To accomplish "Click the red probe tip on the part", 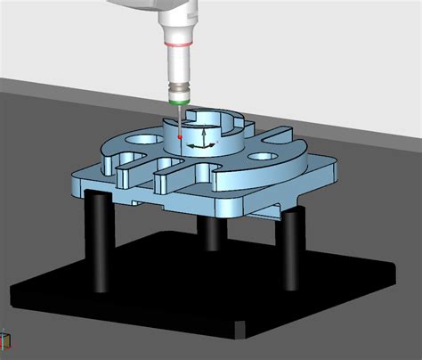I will pyautogui.click(x=181, y=138).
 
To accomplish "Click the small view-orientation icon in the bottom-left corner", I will pyautogui.click(x=4, y=341).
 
